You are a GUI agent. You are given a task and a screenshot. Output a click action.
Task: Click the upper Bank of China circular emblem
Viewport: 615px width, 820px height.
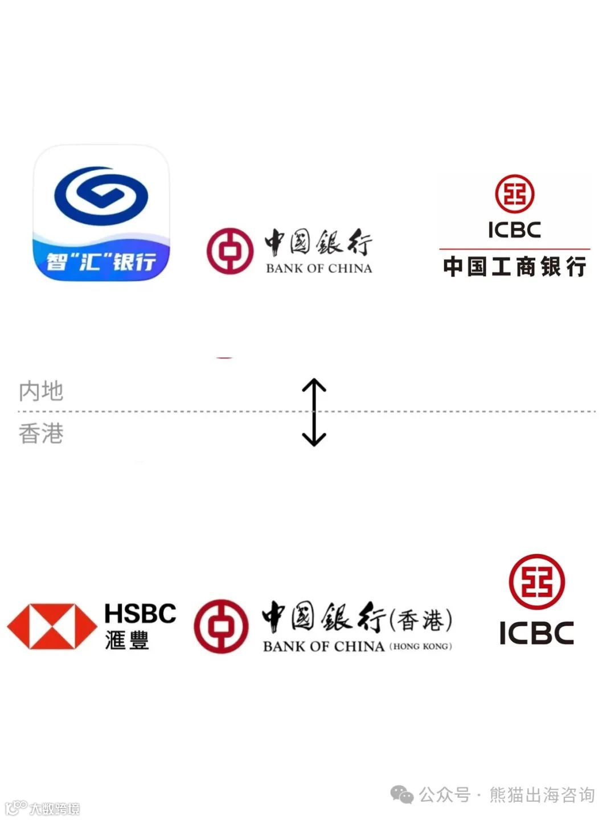coord(229,251)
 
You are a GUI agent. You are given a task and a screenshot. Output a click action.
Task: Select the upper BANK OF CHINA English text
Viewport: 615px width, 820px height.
coord(319,268)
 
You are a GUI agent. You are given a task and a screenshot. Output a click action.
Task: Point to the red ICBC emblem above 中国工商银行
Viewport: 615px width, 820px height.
coord(514,194)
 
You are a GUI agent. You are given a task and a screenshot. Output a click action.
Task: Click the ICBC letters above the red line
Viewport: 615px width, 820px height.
coord(514,230)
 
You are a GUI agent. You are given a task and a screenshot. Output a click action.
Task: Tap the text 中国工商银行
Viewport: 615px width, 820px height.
coord(514,266)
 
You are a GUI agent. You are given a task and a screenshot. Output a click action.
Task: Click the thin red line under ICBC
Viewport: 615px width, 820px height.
coord(514,249)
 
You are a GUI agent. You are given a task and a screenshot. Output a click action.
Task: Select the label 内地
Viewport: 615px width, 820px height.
coord(41,391)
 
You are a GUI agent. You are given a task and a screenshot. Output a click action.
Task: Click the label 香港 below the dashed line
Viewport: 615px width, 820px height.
coord(41,434)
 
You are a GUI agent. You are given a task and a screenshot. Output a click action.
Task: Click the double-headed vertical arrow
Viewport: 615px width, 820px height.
coord(314,412)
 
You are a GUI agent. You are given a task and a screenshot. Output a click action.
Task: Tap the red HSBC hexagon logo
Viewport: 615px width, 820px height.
coord(52,626)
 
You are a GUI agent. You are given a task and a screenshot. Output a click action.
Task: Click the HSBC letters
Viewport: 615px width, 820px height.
coord(140,614)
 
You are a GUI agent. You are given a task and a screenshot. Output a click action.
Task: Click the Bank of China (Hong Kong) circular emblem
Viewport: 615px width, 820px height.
coord(221,626)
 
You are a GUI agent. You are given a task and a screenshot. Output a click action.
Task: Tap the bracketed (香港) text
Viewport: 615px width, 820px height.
coord(421,620)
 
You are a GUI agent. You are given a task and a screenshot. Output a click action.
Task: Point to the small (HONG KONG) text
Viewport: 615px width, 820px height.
coord(421,646)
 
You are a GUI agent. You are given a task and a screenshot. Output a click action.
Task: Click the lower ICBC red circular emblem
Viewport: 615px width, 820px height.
coord(536,581)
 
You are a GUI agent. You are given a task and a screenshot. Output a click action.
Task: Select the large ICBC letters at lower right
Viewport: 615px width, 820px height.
coord(536,633)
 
